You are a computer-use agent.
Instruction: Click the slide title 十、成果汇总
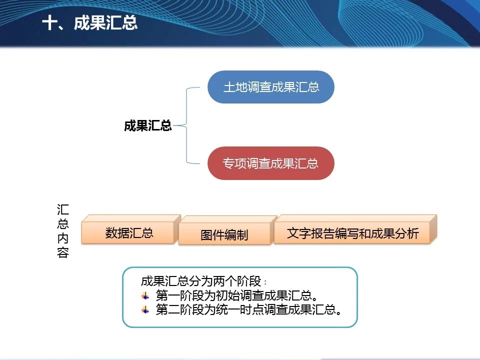(x=89, y=23)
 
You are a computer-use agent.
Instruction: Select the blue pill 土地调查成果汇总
(x=271, y=87)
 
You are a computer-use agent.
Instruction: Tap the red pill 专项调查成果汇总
(x=271, y=163)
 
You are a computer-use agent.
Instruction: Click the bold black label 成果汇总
(x=148, y=125)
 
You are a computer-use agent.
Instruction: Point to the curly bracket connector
(x=186, y=125)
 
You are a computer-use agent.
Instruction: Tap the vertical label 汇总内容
(x=63, y=231)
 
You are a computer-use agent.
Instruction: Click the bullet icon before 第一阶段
(x=145, y=295)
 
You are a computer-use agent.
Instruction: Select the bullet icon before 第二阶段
(x=145, y=310)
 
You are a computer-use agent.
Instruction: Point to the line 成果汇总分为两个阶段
(x=203, y=281)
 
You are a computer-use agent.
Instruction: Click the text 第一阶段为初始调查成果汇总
(x=236, y=295)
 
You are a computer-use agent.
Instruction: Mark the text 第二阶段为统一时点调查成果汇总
(x=248, y=309)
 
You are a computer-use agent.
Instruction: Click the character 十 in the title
(x=49, y=23)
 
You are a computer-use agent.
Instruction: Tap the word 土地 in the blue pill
(x=235, y=87)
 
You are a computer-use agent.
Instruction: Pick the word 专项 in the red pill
(x=234, y=163)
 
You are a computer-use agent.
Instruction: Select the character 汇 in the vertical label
(x=63, y=209)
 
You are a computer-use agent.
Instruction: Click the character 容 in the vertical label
(x=63, y=252)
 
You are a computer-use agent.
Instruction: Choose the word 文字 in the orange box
(x=298, y=233)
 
